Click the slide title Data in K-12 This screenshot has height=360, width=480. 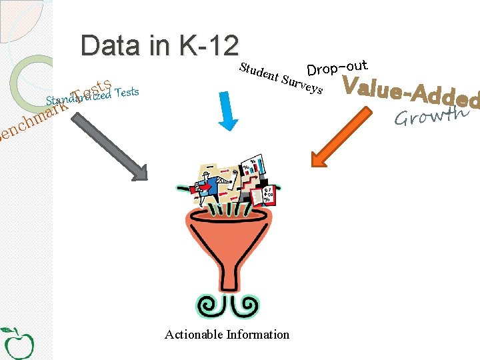(x=159, y=45)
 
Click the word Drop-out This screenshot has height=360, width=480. (x=337, y=68)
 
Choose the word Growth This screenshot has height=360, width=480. (x=429, y=116)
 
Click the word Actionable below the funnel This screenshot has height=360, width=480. (x=193, y=334)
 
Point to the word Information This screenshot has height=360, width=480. (x=258, y=334)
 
